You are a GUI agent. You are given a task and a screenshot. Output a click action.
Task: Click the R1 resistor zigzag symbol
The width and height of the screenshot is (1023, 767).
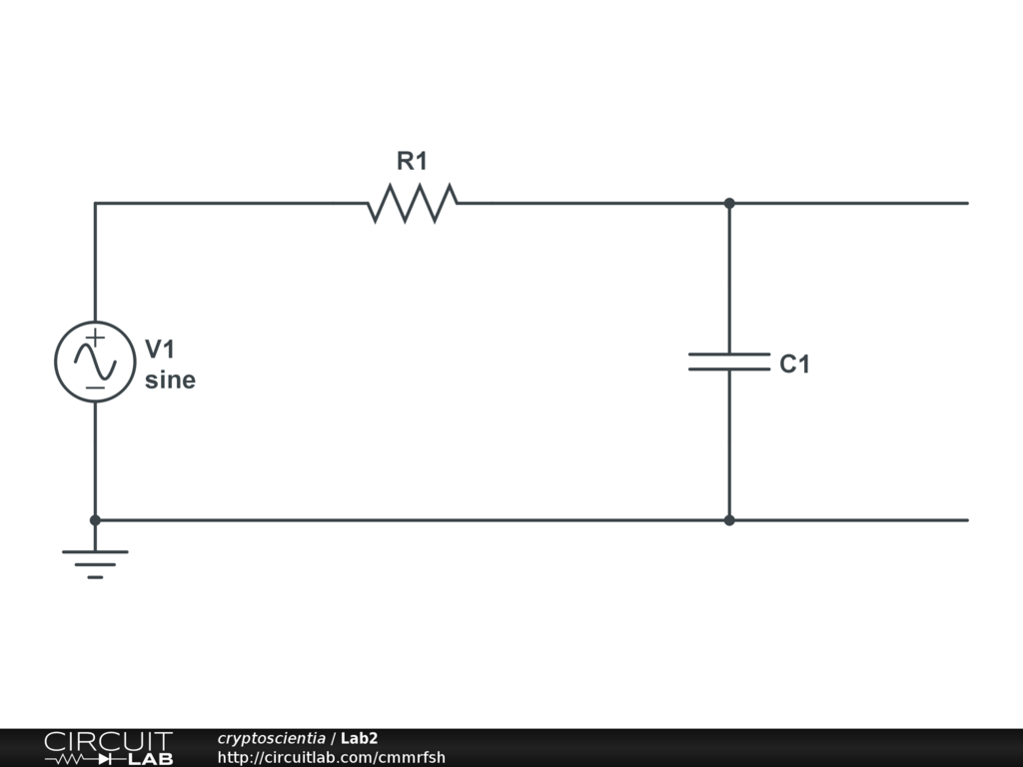coord(412,203)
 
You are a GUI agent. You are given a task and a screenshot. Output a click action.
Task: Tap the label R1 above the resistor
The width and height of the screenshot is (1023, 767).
coord(412,161)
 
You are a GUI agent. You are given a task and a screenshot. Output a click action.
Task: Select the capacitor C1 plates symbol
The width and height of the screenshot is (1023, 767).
coord(729,362)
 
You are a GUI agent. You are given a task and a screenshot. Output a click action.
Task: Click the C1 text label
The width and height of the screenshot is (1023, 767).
coord(794,366)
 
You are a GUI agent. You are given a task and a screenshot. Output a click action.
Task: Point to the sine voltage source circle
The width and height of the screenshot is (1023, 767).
coord(95,362)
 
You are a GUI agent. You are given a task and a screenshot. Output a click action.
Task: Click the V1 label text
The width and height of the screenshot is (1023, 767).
coord(160,349)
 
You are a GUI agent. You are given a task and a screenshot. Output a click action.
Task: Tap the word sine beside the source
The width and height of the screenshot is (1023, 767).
coord(170,381)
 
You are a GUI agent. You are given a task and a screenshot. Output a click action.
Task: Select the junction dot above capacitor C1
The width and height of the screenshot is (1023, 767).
coord(729,203)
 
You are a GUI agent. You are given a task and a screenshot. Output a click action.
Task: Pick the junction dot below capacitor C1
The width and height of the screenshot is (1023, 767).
coord(729,520)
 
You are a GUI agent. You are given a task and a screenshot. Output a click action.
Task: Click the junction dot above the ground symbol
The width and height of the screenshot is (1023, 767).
coord(95,520)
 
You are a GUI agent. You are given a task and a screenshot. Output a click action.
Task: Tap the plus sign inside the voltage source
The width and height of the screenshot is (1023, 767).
coord(94,338)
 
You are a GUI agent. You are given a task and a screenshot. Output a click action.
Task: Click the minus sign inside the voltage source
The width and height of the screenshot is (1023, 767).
coord(94,386)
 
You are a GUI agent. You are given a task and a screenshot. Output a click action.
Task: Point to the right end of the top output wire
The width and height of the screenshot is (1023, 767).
coord(966,203)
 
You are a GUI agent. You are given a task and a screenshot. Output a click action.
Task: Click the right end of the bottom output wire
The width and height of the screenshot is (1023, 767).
coord(966,520)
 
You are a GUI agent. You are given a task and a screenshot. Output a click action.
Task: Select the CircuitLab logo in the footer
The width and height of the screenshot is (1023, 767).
coord(108,748)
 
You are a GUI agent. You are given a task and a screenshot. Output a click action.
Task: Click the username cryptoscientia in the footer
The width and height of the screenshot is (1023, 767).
coord(271,739)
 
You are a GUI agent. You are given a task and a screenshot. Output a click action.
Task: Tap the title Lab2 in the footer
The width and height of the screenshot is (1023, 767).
coord(359,739)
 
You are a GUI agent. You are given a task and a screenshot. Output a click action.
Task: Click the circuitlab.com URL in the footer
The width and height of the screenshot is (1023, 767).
coord(332,757)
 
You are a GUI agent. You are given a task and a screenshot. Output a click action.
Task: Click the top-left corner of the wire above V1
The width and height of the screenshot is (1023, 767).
coord(95,204)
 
